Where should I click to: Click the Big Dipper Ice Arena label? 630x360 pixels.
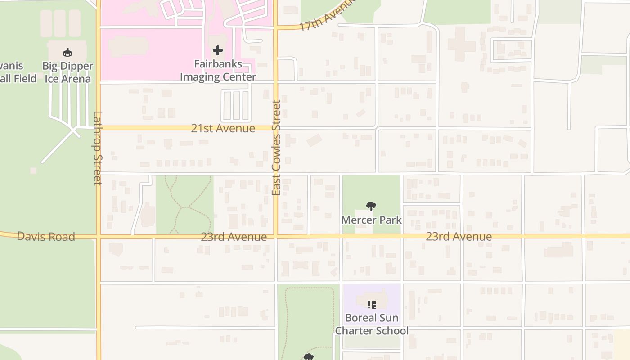point(67,72)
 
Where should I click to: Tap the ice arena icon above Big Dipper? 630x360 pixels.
point(67,53)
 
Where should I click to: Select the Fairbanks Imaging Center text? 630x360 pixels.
point(218,71)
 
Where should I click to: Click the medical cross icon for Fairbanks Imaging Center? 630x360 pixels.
point(218,50)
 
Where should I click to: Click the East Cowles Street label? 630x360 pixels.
point(276,148)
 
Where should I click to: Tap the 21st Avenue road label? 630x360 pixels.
point(223,128)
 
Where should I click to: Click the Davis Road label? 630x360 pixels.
point(46,236)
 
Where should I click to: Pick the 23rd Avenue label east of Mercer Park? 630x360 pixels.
point(459,236)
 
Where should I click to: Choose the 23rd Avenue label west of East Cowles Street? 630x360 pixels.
point(234,237)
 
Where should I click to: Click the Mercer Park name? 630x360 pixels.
point(371,220)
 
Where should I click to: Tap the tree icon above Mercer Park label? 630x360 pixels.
point(371,207)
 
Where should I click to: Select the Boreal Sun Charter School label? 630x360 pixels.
point(372,324)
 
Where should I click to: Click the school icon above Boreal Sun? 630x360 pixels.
point(371,305)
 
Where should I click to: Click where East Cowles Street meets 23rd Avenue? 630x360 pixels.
point(276,236)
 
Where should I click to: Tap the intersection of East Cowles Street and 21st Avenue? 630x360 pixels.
point(276,128)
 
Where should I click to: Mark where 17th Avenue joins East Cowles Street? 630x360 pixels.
point(276,28)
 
